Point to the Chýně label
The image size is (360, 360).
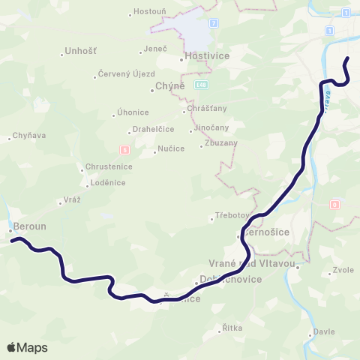pos(163,88)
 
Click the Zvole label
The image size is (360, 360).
pos(343,271)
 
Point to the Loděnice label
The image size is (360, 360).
pos(103,182)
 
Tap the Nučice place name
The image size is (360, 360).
pos(166,149)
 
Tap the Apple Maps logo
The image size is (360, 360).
pos(27,347)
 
